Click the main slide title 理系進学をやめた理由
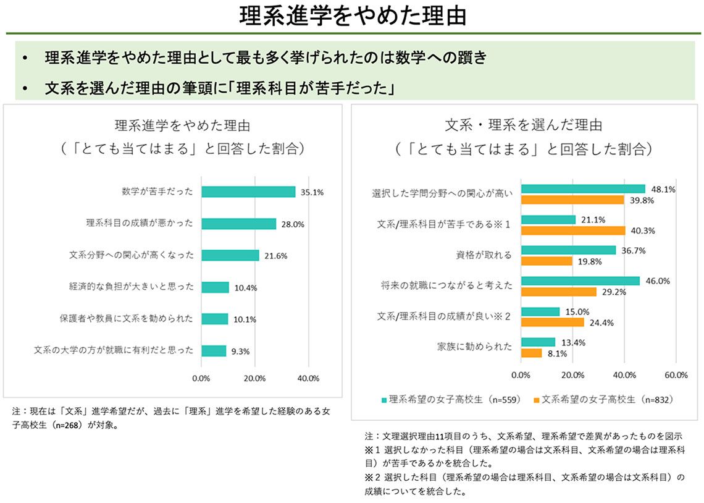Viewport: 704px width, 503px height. point(352,16)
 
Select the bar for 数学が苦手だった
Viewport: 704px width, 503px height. point(248,192)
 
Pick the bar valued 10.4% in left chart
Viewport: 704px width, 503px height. point(215,287)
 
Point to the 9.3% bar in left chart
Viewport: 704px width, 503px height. point(214,350)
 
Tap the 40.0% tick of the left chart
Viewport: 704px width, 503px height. point(308,378)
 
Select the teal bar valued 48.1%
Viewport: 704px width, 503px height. point(583,188)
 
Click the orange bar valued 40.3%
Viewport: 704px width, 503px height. point(573,230)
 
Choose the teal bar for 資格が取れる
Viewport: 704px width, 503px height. point(568,250)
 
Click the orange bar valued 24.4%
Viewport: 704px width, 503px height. point(552,322)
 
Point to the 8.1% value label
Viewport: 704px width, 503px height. point(556,353)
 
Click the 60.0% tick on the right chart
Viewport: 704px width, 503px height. point(676,375)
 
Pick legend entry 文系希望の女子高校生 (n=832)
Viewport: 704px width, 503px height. point(601,400)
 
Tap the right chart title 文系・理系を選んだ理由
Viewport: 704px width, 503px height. point(523,125)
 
